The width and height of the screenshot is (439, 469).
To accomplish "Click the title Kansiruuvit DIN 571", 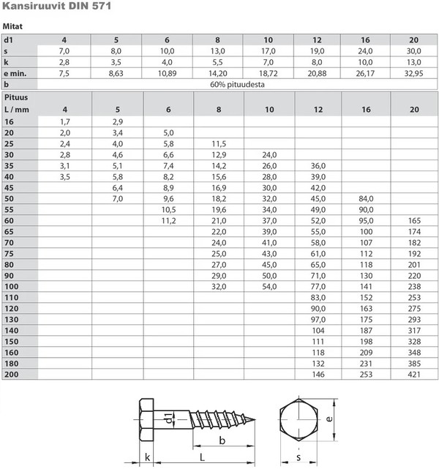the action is tap(56, 6).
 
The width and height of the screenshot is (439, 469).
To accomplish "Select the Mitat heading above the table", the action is tap(12, 26).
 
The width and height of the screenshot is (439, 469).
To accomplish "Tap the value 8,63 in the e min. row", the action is tap(116, 73).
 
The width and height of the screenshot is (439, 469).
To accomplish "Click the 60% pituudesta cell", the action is tap(237, 84).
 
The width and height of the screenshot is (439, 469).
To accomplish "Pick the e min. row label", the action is tap(15, 73).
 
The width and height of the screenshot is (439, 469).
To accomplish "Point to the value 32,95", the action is tap(413, 73).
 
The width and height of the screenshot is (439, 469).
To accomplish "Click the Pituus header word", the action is tap(16, 97).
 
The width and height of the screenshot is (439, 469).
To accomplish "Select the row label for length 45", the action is tap(9, 188).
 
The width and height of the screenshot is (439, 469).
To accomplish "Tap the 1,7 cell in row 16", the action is tap(65, 121).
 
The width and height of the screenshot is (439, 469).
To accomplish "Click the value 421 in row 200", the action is tap(414, 375).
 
